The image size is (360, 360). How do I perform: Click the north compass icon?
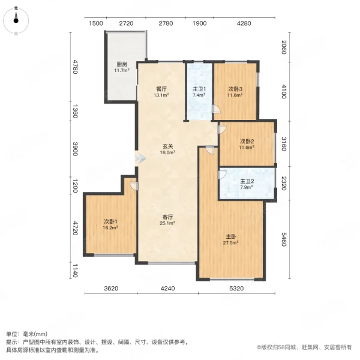[x=16, y=21]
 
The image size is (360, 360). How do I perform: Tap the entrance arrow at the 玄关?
[x=140, y=158]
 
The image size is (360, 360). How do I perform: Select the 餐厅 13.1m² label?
[x=161, y=92]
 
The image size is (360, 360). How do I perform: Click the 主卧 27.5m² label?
[x=231, y=239]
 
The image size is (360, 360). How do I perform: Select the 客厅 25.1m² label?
[x=167, y=220]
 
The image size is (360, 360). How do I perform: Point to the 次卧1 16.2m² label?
[x=110, y=224]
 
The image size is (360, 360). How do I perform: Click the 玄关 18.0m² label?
[x=168, y=149]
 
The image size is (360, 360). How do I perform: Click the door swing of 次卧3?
[x=216, y=109]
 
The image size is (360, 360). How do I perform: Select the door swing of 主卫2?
[x=222, y=175]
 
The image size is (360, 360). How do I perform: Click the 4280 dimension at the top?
[x=244, y=23]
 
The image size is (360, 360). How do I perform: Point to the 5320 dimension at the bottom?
[x=236, y=289]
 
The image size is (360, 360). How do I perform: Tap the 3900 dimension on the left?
[x=75, y=149]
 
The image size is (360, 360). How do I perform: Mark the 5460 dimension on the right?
[x=284, y=239]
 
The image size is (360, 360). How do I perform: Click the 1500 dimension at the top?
[x=96, y=23]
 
